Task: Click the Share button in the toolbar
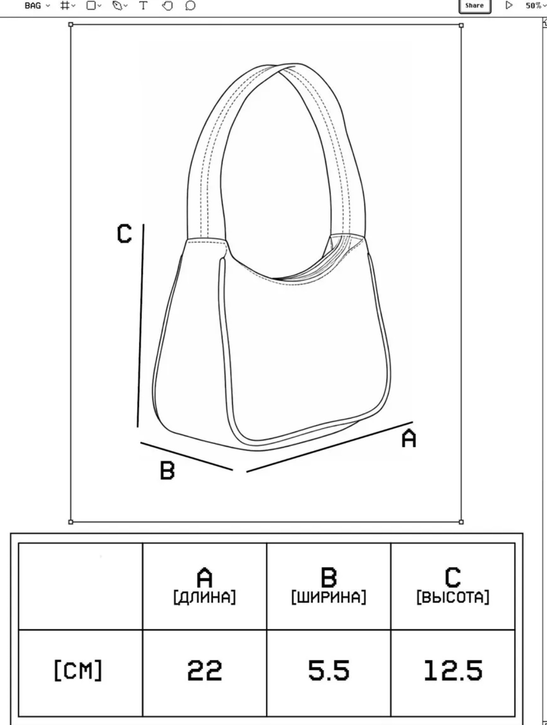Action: pyautogui.click(x=474, y=6)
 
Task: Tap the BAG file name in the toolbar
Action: pyautogui.click(x=33, y=6)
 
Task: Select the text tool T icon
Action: pyautogui.click(x=143, y=6)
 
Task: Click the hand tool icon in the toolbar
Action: pyautogui.click(x=168, y=6)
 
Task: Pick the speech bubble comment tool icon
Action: pyautogui.click(x=190, y=6)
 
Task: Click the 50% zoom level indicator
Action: pyautogui.click(x=534, y=6)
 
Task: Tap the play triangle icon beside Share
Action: pyautogui.click(x=509, y=5)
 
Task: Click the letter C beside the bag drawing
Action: pyautogui.click(x=124, y=234)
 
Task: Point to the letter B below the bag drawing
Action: pyautogui.click(x=167, y=470)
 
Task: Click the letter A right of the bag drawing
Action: pyautogui.click(x=409, y=438)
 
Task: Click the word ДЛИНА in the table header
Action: pyautogui.click(x=204, y=598)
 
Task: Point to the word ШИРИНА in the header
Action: pyautogui.click(x=329, y=598)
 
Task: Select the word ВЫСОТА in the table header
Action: pyautogui.click(x=453, y=598)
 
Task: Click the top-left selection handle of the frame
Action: pyautogui.click(x=70, y=24)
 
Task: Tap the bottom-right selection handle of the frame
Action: pyautogui.click(x=461, y=522)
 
